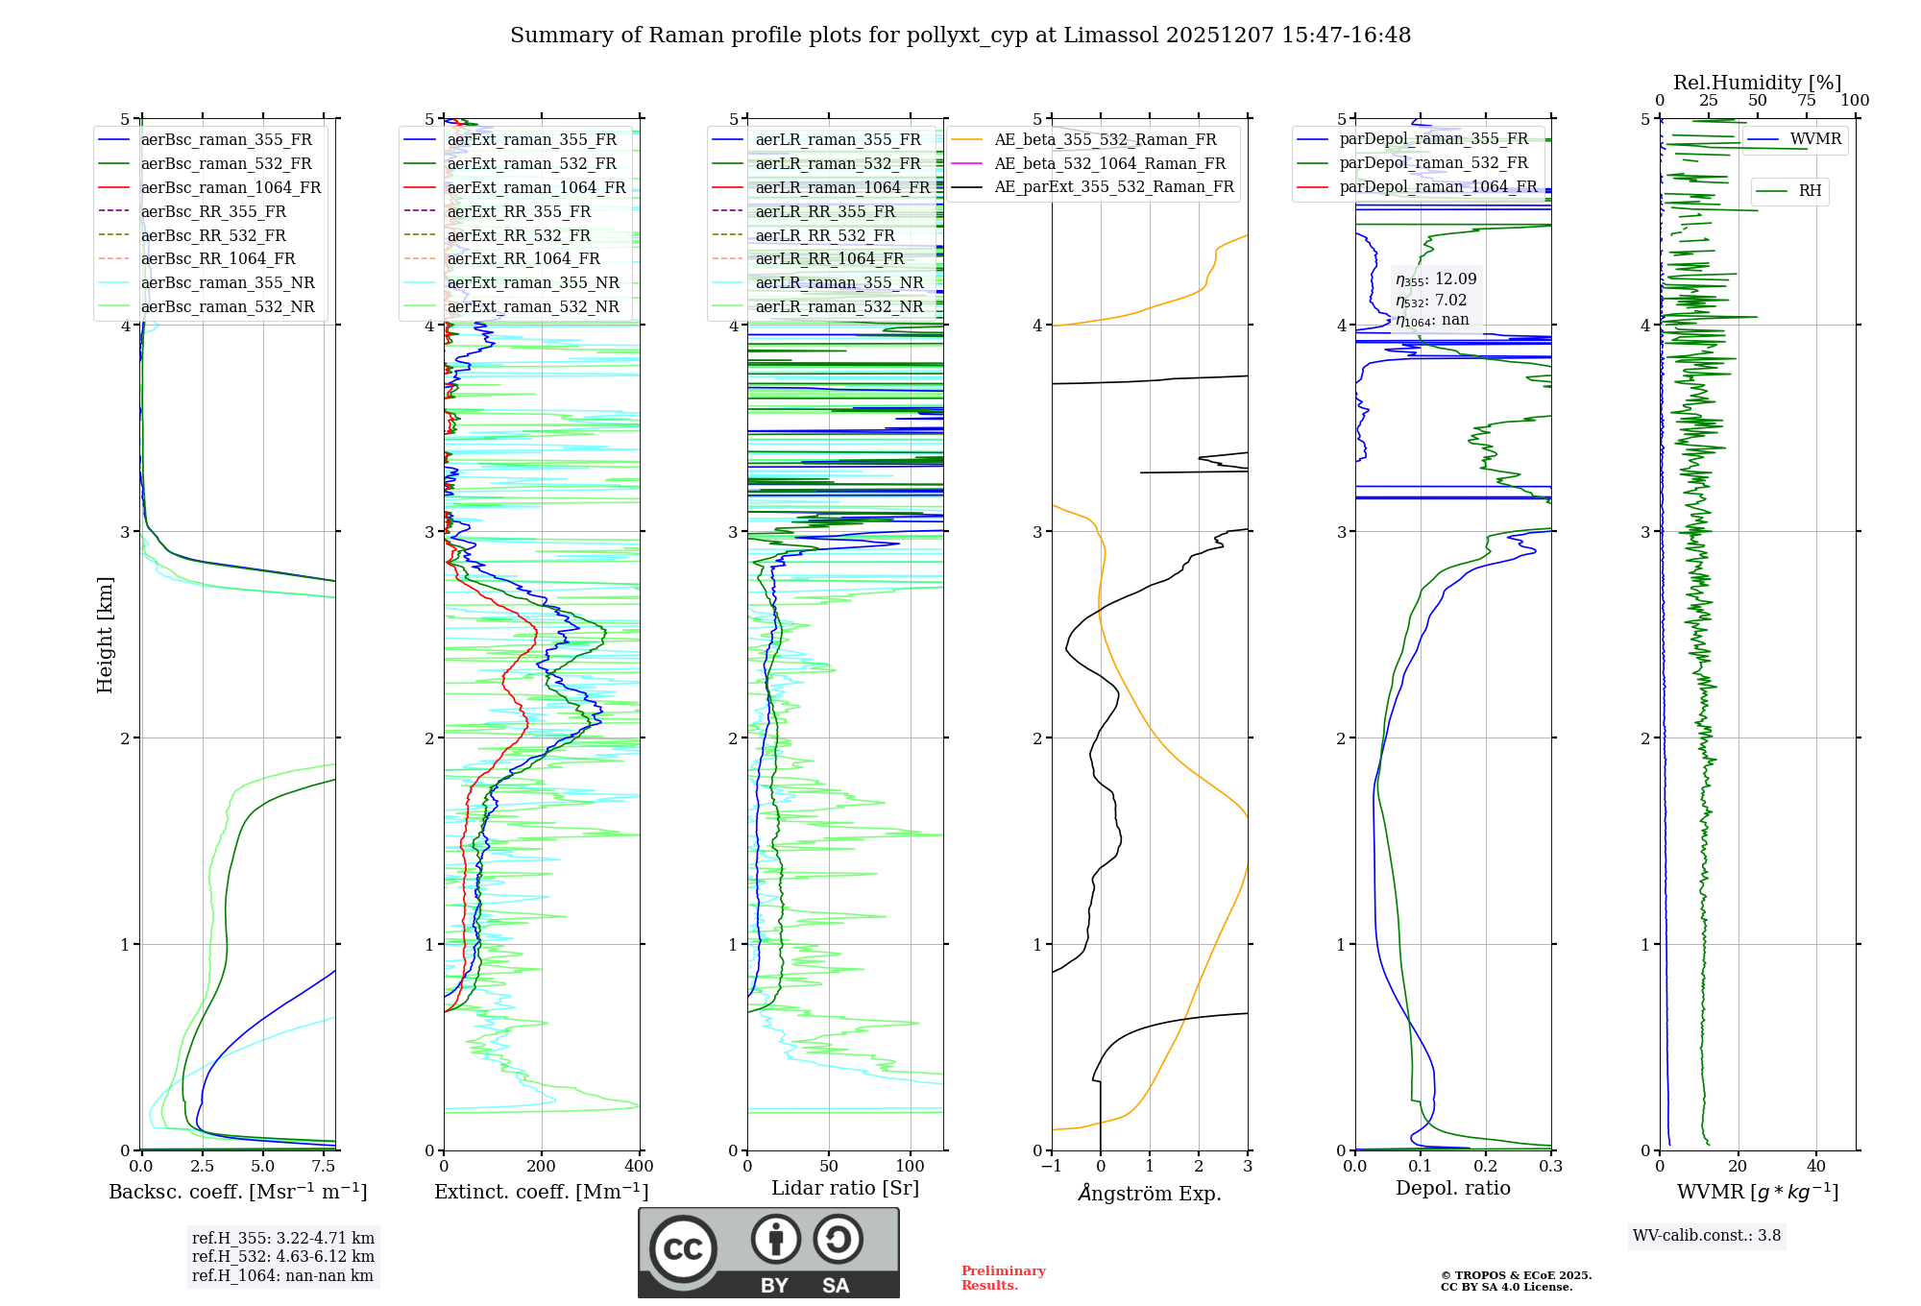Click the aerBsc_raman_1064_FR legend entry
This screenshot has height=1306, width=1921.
tap(231, 187)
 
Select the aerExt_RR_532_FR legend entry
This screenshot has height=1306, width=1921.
tap(519, 235)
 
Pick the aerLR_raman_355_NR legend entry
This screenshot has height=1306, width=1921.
tap(839, 282)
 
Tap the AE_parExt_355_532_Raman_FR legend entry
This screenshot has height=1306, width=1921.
tap(1114, 186)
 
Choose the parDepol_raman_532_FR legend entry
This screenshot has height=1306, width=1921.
tap(1433, 163)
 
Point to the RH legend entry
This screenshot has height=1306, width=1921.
tap(1810, 191)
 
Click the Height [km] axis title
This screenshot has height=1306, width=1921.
tap(105, 635)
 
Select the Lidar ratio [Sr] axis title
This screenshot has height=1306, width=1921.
tap(845, 1188)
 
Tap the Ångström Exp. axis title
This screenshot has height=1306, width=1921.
tap(1150, 1193)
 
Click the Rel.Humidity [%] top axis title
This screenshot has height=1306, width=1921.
tap(1757, 83)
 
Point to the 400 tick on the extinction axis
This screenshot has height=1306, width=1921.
tap(640, 1167)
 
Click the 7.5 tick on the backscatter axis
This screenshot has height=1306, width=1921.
tap(325, 1167)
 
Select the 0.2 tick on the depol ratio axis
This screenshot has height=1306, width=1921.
tap(1486, 1167)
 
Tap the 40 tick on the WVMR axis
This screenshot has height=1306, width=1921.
tap(1816, 1167)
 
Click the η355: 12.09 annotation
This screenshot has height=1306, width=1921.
tap(1436, 279)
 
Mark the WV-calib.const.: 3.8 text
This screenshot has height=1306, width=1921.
tap(1707, 1236)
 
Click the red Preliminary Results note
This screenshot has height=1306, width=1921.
tap(1003, 1278)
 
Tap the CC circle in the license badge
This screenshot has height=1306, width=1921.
tap(683, 1249)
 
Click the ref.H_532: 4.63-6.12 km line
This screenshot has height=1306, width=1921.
tap(283, 1256)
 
